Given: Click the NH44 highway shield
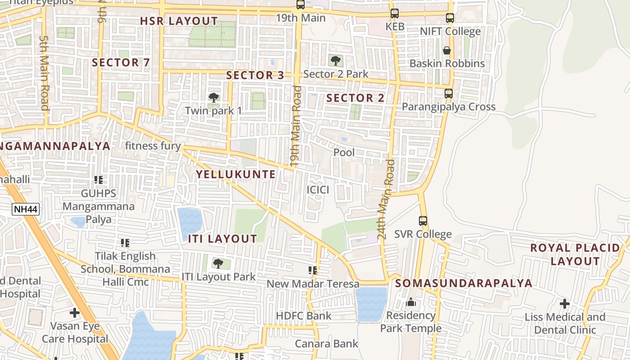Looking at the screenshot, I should click(26, 209).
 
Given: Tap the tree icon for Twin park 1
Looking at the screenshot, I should click(214, 97).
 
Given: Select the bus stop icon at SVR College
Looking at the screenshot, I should click(423, 221).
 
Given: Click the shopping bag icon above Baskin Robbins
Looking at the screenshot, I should click(447, 50).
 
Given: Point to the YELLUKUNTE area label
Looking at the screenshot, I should click(236, 175).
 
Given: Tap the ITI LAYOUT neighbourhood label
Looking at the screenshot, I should click(222, 239).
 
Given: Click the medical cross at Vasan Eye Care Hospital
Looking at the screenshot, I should click(75, 312).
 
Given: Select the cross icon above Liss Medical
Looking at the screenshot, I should click(565, 304).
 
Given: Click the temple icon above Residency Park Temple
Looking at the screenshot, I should click(411, 302).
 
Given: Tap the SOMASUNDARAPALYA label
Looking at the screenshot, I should click(464, 283).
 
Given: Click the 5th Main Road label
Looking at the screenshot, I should click(44, 73).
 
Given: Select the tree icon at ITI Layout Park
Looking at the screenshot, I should click(218, 264).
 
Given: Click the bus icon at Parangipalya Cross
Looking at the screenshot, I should click(449, 94).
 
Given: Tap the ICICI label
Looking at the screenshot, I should click(318, 190).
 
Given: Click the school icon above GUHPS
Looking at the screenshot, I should click(99, 180).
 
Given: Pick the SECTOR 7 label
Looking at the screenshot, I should click(121, 63).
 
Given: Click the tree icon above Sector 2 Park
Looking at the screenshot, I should click(335, 60).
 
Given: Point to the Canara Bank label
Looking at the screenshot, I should click(327, 344).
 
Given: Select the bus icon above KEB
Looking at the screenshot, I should click(395, 13).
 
